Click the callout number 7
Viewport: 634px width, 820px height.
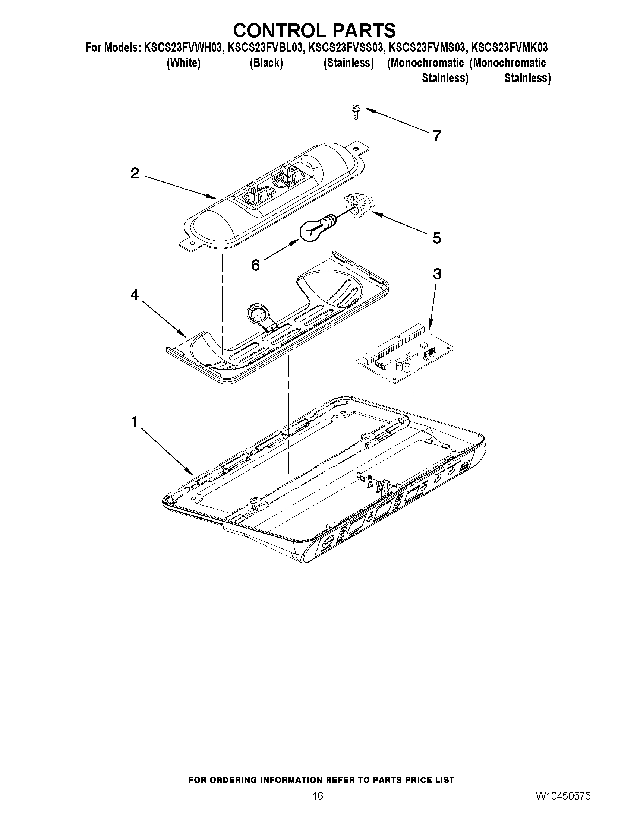pyautogui.click(x=436, y=136)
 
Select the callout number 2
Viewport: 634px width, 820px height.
pyautogui.click(x=135, y=174)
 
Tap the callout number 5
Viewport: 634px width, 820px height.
pyautogui.click(x=436, y=238)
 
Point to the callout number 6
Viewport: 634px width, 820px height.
pyautogui.click(x=255, y=266)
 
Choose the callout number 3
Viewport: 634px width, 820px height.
pyautogui.click(x=437, y=275)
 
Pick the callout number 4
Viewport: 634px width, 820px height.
pyautogui.click(x=135, y=295)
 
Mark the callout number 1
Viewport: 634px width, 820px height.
pyautogui.click(x=135, y=422)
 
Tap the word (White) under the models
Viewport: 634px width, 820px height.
pyautogui.click(x=183, y=63)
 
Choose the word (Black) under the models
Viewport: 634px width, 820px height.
pyautogui.click(x=266, y=63)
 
